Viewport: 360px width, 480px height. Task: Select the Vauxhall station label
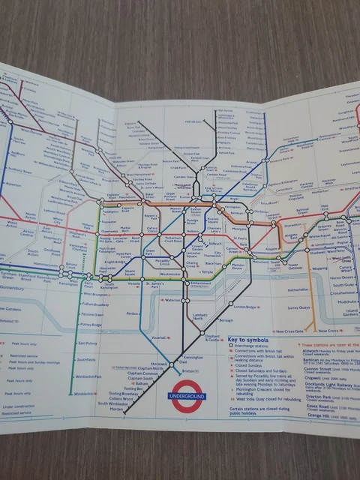158,338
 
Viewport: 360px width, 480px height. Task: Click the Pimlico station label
133,310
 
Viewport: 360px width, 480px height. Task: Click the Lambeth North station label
199,316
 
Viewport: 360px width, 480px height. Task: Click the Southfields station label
88,359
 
